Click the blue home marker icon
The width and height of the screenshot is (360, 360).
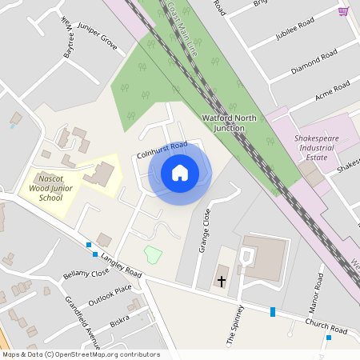pyautogui.click(x=180, y=172)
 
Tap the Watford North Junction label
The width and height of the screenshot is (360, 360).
pyautogui.click(x=229, y=122)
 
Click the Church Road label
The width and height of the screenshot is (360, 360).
pyautogui.click(x=326, y=326)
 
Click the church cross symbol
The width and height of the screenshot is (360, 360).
pyautogui.click(x=222, y=282)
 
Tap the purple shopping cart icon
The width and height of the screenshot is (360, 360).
pyautogui.click(x=343, y=10)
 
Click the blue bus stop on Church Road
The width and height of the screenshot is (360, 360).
pyautogui.click(x=273, y=311)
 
